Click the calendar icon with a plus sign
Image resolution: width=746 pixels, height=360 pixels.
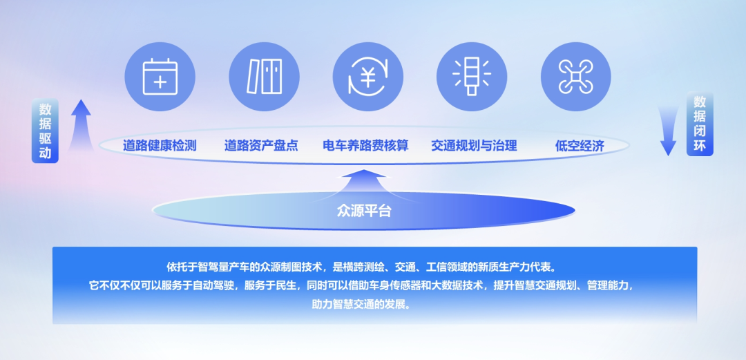(160, 77)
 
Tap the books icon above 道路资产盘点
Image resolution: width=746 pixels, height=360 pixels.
(264, 77)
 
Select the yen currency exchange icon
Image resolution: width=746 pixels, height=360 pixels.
(367, 77)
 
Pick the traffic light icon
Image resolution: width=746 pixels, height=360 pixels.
(472, 77)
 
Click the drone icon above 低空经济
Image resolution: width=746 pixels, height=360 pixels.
(575, 77)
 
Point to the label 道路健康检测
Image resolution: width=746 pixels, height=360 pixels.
(160, 145)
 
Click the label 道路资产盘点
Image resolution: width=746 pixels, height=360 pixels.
(261, 145)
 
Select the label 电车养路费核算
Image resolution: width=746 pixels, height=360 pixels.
(365, 145)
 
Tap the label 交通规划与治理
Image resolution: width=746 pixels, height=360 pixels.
(474, 145)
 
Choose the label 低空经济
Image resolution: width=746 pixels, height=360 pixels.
(580, 146)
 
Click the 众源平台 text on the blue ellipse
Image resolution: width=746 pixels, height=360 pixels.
(364, 211)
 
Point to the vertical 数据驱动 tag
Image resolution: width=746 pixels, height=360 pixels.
(45, 131)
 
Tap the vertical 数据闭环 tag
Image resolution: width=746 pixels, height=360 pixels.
(700, 124)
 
